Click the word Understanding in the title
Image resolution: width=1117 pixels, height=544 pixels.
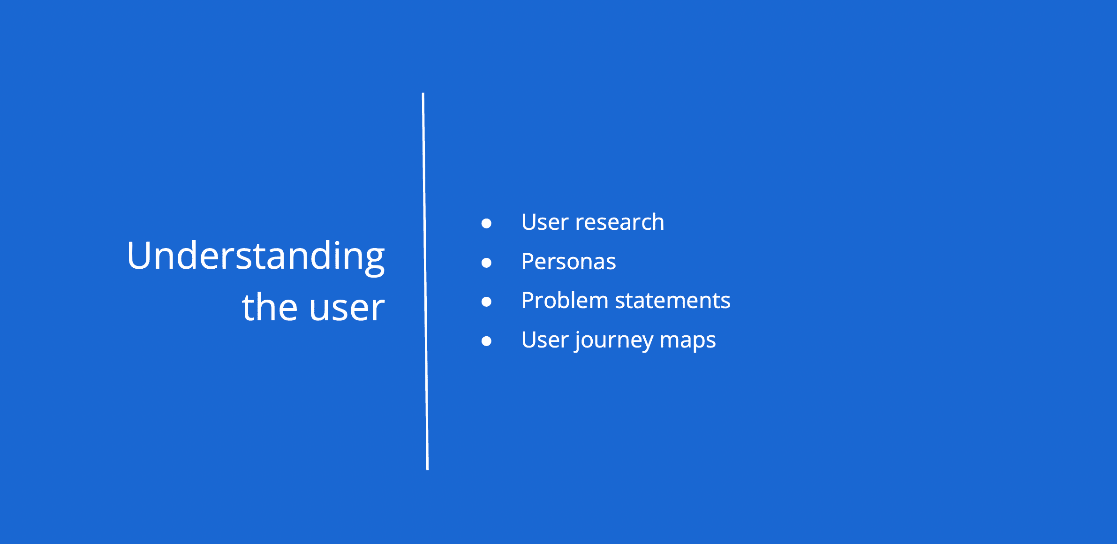256,257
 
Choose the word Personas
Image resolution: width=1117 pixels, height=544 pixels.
569,262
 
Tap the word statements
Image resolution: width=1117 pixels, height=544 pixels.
672,301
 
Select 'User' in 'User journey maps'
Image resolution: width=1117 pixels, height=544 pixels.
545,340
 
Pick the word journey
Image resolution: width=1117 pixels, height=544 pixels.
614,341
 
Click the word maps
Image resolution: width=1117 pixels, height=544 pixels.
688,342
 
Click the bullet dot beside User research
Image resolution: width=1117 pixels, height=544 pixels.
486,223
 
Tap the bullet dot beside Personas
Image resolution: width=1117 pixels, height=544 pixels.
486,263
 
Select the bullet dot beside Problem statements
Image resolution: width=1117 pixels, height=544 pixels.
486,302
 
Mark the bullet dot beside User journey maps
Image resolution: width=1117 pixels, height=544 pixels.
486,341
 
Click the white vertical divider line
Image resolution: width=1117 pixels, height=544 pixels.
425,281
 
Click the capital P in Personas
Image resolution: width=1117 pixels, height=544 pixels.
528,262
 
